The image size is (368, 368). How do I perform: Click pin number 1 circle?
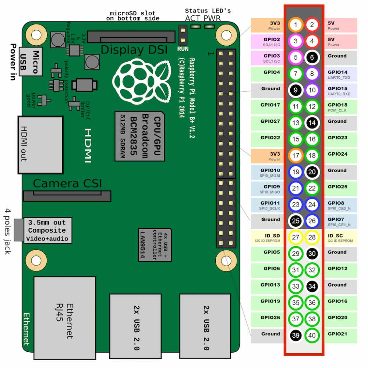coord(296,25)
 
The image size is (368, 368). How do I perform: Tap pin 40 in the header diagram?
coord(312,335)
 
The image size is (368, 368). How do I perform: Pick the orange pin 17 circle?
coord(296,156)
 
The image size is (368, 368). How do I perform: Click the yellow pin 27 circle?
coord(296,237)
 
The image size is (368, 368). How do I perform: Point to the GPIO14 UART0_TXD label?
coord(340,74)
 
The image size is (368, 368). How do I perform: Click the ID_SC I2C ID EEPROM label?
coord(340,237)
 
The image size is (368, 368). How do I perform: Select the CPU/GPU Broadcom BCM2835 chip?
coord(139,136)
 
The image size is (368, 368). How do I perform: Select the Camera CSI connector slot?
coord(67,196)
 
